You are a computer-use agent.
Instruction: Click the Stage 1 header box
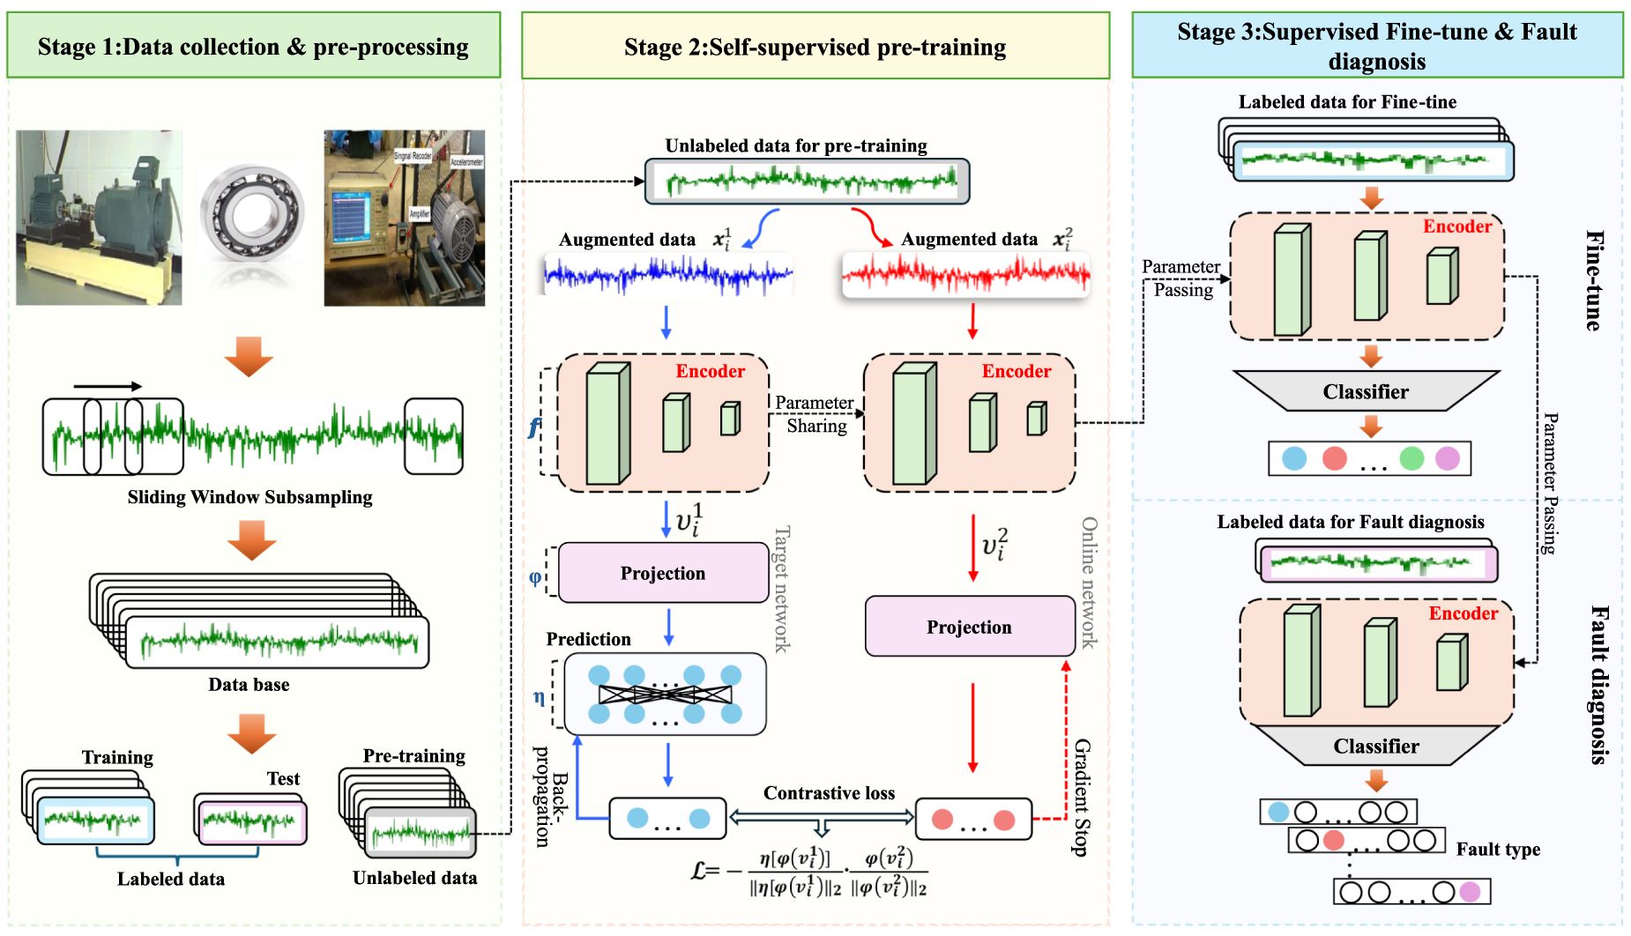(254, 46)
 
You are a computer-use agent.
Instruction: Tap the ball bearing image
(252, 214)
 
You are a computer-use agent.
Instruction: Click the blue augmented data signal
(667, 275)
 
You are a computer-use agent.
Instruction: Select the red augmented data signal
(966, 274)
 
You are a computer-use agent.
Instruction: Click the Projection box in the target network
(663, 573)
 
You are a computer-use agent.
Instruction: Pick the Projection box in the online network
(969, 627)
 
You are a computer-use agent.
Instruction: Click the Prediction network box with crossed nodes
(665, 695)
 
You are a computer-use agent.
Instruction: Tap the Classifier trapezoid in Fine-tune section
(1366, 391)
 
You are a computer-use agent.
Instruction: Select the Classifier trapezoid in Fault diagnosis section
(1375, 746)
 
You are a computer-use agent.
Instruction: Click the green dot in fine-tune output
(1411, 458)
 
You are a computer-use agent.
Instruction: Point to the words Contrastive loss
(829, 793)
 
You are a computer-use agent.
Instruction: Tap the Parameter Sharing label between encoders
(815, 414)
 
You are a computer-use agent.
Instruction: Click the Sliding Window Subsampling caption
(249, 497)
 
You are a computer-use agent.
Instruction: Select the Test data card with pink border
(251, 822)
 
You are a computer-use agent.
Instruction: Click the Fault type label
(1498, 850)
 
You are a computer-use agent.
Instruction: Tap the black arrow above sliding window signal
(108, 386)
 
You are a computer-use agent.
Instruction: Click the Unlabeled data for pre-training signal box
(807, 182)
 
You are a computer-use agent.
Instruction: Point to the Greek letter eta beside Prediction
(539, 697)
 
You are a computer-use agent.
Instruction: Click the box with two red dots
(973, 820)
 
